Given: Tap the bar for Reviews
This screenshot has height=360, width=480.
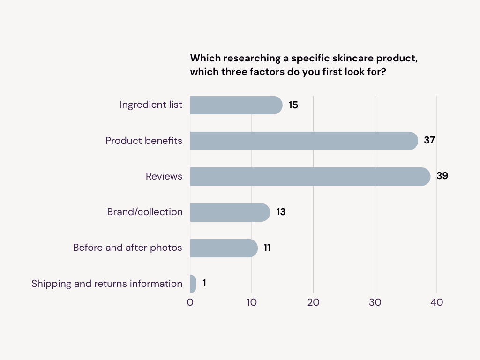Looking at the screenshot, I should click(x=309, y=177).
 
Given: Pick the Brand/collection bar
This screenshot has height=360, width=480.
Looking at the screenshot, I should click(x=230, y=212).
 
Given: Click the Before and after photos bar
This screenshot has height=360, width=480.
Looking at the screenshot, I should click(x=224, y=248).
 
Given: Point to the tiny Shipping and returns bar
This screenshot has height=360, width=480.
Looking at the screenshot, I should click(x=193, y=284).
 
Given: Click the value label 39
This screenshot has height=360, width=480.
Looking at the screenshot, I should click(x=442, y=176).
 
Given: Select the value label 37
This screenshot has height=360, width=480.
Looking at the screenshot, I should click(x=429, y=140).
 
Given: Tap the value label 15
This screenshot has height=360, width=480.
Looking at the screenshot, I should click(x=293, y=105).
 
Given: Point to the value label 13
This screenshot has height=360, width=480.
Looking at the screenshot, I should click(x=281, y=212).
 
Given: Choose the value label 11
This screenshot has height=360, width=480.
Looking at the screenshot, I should click(x=267, y=247).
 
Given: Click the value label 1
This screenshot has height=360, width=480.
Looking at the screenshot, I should click(x=204, y=283).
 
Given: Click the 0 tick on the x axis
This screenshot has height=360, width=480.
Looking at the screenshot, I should click(x=190, y=302).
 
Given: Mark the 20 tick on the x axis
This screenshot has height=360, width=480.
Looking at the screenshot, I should click(x=313, y=302).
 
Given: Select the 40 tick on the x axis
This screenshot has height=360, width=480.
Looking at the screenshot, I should click(x=436, y=302).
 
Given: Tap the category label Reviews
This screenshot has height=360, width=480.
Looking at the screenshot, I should click(x=164, y=176).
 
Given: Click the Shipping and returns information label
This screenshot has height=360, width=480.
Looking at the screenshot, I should click(x=107, y=284).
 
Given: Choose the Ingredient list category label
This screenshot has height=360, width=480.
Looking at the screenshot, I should click(x=151, y=105).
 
